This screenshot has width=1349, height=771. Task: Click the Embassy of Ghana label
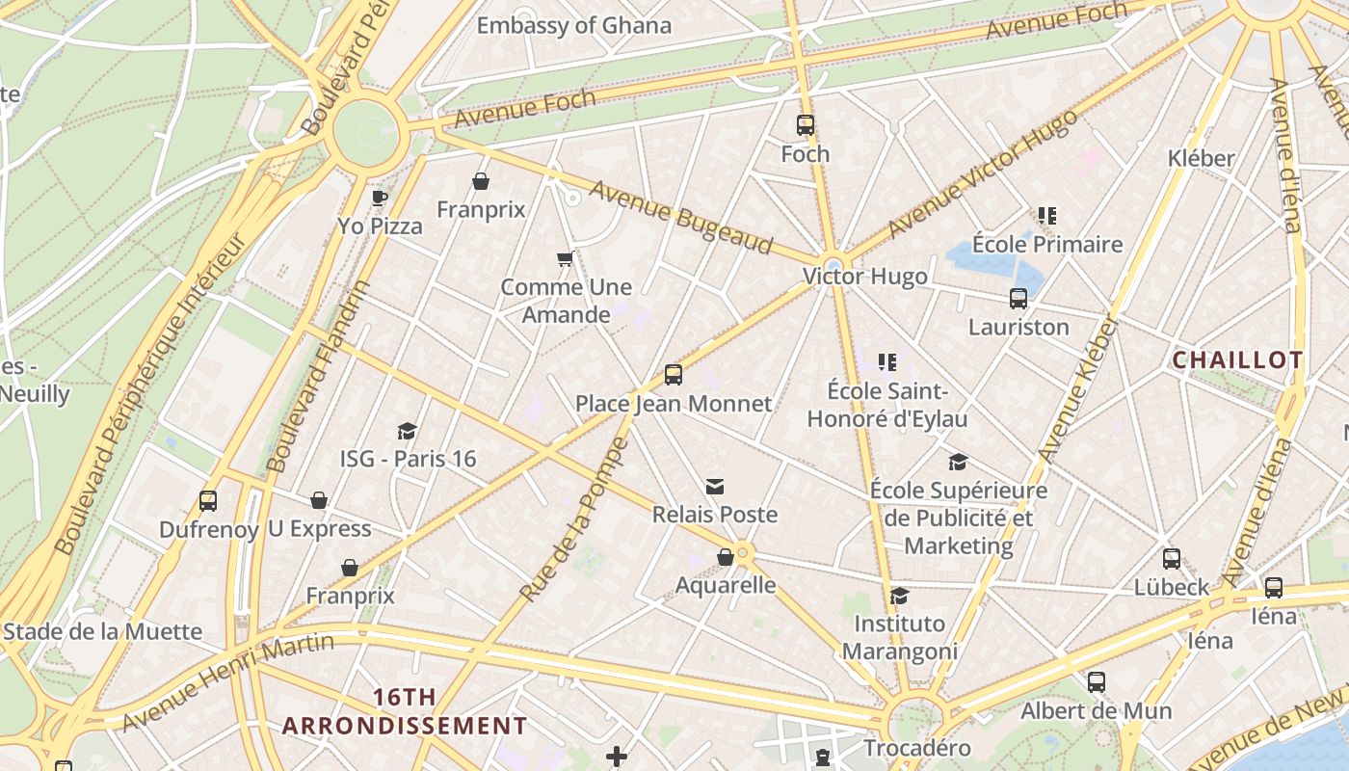tap(574, 25)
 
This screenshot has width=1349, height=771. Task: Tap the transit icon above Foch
tap(806, 125)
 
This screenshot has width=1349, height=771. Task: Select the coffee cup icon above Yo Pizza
tap(380, 199)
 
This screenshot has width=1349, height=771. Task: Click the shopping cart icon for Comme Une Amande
tap(566, 258)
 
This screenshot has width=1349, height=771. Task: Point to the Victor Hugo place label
tap(865, 277)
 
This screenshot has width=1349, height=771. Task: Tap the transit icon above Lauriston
tap(1018, 299)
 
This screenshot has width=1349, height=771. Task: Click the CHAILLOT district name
tap(1237, 360)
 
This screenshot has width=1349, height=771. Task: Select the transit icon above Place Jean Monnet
tap(674, 375)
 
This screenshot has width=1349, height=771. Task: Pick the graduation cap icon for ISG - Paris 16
tap(408, 431)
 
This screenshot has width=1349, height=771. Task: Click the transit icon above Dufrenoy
tap(208, 501)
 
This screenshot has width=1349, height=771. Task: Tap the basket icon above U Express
tap(319, 500)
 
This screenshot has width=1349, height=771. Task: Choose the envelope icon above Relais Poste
tap(715, 487)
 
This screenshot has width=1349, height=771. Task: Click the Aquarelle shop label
tap(726, 585)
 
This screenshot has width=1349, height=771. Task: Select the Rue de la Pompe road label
tap(573, 520)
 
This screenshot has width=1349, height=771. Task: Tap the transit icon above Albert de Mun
tap(1097, 682)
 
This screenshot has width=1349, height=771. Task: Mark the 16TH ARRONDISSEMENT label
tap(405, 711)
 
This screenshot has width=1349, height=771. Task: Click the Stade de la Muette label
tap(102, 632)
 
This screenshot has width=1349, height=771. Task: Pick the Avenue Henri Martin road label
tap(228, 680)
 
